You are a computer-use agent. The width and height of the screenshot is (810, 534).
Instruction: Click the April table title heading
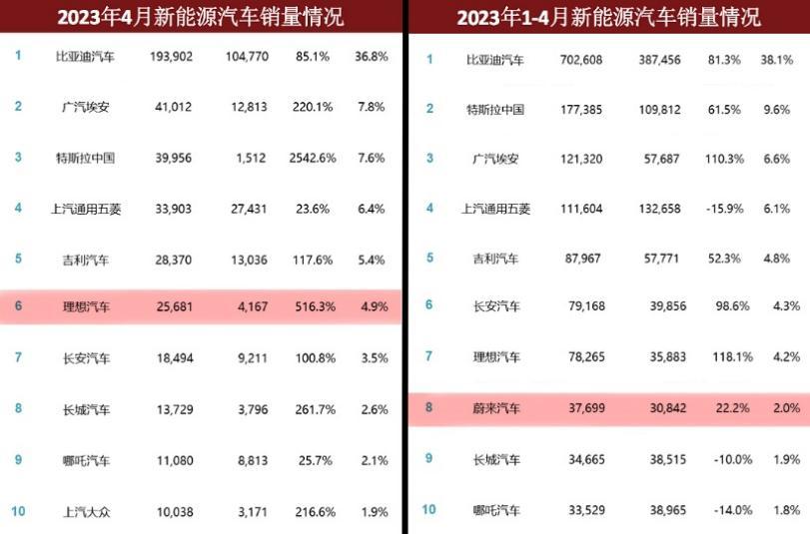201,17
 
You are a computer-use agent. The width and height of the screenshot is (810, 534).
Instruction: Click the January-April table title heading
608,17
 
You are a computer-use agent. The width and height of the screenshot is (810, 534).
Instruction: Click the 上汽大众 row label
86,511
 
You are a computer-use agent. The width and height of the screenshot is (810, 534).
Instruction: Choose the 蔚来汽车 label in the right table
495,408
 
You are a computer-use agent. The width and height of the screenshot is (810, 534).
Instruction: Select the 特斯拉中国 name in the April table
86,158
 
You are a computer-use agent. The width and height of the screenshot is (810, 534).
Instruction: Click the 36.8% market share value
371,56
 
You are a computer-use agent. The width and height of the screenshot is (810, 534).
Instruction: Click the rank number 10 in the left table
18,511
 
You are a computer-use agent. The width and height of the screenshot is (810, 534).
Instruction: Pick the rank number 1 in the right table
430,60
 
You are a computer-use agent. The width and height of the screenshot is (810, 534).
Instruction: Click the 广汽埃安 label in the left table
86,106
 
